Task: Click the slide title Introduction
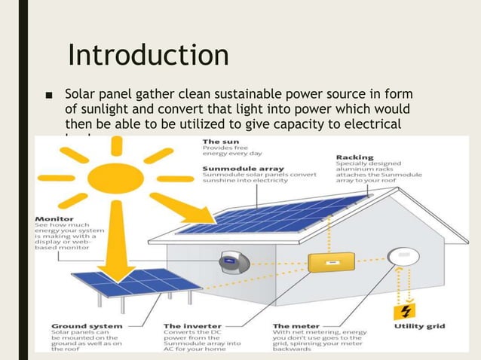click(148, 55)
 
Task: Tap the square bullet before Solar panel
click(49, 96)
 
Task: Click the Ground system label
click(76, 326)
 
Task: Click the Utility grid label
click(419, 326)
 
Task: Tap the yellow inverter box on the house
click(328, 261)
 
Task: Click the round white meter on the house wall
click(404, 256)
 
